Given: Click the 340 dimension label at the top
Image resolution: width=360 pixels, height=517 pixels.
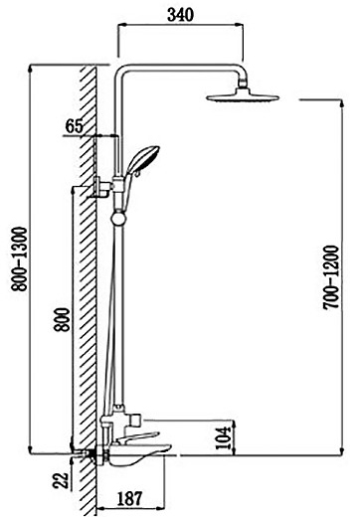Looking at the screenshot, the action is [180, 15].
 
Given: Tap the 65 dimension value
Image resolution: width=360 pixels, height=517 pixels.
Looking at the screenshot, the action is [74, 126].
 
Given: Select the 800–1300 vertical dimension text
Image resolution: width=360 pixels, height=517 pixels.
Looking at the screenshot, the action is [19, 259].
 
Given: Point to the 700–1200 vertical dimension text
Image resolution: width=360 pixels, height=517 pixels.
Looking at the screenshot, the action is [331, 277].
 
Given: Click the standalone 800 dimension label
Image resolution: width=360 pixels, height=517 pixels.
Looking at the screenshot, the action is [63, 320].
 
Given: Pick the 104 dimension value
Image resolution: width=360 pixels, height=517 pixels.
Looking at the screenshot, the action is [223, 437].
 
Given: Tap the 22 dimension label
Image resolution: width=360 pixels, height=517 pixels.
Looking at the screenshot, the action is [61, 480].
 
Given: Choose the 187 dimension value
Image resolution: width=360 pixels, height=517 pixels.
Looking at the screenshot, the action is [129, 498].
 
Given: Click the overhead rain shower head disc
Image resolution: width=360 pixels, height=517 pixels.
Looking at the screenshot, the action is [243, 97].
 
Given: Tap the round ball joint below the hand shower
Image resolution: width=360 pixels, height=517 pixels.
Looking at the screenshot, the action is [118, 219].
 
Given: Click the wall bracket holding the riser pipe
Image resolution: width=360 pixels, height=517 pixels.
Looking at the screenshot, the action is [103, 187].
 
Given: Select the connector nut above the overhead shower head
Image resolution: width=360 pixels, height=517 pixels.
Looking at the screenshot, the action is [243, 84].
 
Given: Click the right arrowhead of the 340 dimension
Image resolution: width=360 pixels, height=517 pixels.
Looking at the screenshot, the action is [240, 25].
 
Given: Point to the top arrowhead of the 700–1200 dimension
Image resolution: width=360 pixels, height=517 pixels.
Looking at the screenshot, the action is [342, 102].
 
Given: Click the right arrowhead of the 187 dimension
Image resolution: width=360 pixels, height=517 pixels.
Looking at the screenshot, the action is [161, 508].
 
